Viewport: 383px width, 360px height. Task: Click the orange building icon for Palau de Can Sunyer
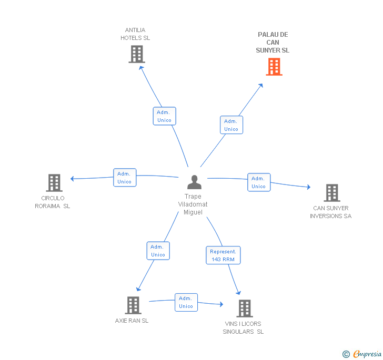pos(274,67)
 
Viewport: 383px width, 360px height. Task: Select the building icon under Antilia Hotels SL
pos(137,54)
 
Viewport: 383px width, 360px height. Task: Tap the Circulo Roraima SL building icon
pos(54,183)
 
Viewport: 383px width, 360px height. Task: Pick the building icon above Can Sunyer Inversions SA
pos(332,193)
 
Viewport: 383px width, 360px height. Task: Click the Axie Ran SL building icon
pos(133,305)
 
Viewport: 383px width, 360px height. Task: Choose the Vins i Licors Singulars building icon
pos(245,308)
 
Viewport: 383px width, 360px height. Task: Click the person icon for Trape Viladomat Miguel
pos(195,182)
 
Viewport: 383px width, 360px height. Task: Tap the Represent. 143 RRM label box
pos(223,255)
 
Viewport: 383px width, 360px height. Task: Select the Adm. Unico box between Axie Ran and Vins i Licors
pos(186,302)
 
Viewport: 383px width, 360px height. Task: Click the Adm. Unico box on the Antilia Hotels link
pos(164,116)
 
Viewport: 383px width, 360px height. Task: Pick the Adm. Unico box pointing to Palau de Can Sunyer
pos(231,125)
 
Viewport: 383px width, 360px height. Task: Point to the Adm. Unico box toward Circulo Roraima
pos(125,178)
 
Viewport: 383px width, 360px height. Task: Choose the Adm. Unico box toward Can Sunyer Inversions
pos(259,182)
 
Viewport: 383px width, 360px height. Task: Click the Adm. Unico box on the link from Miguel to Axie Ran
pos(158,251)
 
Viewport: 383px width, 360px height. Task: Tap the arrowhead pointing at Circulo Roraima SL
pos(72,179)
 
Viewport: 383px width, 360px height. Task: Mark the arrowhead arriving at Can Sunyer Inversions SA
pos(309,187)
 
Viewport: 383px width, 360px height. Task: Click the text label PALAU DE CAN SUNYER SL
pos(273,43)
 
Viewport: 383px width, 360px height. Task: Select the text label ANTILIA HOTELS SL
pos(135,34)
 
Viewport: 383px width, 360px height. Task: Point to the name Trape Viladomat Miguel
pos(193,204)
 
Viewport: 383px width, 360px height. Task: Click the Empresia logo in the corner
pos(362,354)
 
